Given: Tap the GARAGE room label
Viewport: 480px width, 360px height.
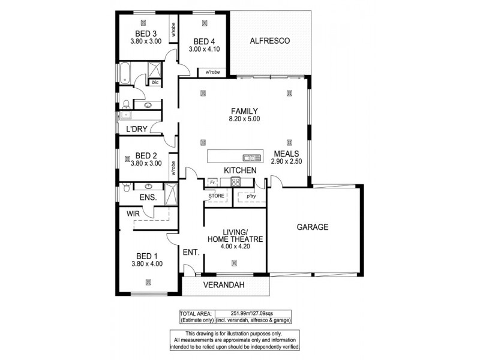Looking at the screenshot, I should [313, 227].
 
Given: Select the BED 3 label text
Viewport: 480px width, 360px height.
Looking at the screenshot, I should [146, 34].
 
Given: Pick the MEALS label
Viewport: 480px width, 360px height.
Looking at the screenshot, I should [287, 153].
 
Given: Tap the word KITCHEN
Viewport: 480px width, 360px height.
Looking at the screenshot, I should [240, 170].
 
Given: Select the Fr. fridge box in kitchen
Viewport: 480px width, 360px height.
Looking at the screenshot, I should [212, 182].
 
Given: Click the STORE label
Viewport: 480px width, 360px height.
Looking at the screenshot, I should [217, 195].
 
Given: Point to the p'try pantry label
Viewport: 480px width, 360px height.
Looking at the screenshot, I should [247, 195].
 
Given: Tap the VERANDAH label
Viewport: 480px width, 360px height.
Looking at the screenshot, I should [223, 285].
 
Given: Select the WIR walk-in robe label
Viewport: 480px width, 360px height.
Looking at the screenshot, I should [133, 213].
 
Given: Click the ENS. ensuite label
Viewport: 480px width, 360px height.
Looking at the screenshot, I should [148, 197].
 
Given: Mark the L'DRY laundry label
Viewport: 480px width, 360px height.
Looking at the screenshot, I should [136, 130].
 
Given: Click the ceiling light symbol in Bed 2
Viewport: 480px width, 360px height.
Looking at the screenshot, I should [128, 158].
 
